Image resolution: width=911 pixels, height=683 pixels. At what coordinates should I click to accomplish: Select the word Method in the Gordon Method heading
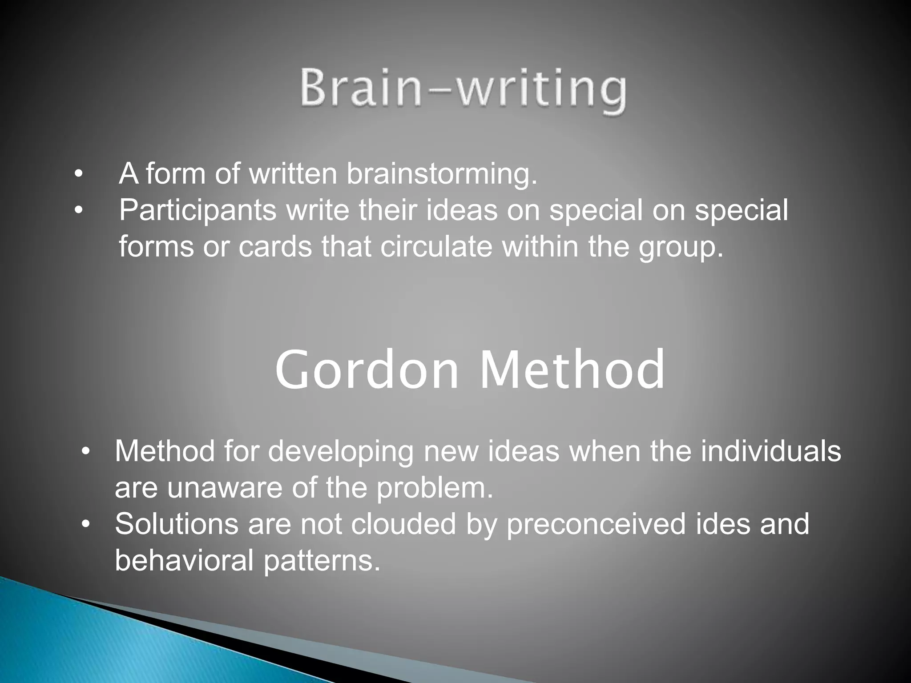tap(572, 370)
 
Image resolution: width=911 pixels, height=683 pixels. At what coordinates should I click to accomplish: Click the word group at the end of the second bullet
tap(680, 248)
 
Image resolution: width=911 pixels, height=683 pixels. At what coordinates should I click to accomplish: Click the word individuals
tap(771, 451)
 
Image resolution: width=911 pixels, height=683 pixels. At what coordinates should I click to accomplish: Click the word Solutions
tap(177, 524)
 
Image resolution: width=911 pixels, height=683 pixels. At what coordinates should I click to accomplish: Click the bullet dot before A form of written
tap(78, 175)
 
